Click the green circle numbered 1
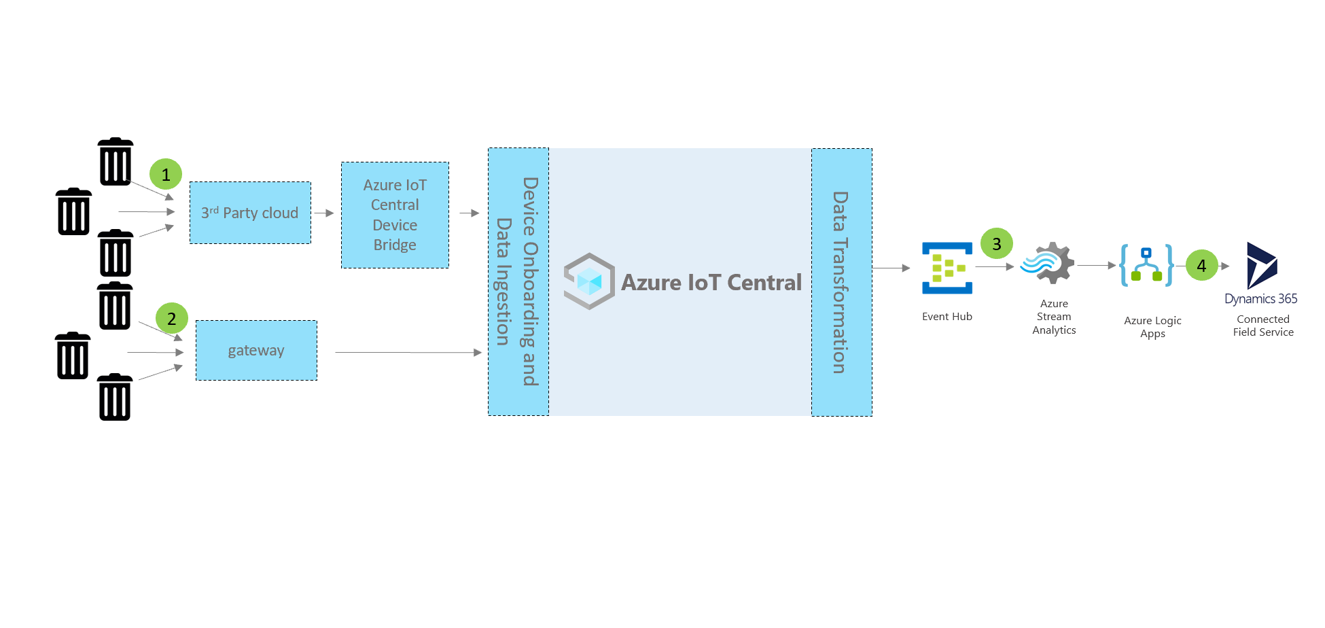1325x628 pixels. [166, 175]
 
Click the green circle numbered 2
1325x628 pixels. [171, 318]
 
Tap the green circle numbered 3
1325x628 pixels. [997, 243]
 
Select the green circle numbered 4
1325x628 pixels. [1201, 265]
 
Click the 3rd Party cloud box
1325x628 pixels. [250, 213]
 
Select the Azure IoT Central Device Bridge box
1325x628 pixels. [395, 215]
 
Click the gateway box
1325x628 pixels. [256, 351]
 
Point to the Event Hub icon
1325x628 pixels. [947, 268]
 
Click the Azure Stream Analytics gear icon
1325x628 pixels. [1048, 263]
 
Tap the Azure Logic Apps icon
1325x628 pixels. [1146, 265]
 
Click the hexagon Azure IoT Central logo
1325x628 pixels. [589, 281]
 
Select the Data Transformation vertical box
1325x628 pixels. [842, 282]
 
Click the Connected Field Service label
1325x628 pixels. [1263, 326]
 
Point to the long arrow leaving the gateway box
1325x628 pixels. [408, 353]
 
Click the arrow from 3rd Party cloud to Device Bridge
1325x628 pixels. [324, 213]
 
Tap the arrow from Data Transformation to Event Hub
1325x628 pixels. [891, 268]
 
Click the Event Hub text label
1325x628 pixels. [947, 317]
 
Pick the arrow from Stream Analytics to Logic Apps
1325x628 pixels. [1096, 265]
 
